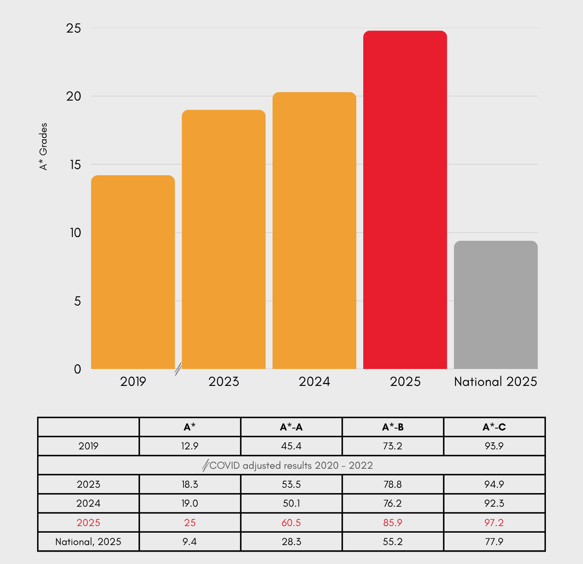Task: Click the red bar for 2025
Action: click(405, 200)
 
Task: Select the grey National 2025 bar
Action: click(496, 305)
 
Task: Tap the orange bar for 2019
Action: click(133, 272)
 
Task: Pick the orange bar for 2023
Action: click(223, 239)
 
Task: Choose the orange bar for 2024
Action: click(314, 231)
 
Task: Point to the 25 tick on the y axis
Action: click(74, 28)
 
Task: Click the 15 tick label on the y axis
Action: click(75, 165)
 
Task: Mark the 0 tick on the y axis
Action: click(78, 369)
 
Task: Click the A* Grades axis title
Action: click(43, 146)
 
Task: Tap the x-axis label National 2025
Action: click(496, 382)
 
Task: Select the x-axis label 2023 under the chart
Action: click(223, 382)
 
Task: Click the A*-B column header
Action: click(393, 427)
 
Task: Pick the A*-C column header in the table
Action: click(494, 427)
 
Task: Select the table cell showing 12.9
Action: click(190, 446)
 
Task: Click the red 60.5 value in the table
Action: click(291, 523)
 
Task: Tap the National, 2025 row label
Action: click(88, 542)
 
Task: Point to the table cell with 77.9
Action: click(494, 542)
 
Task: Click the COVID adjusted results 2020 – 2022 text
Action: click(291, 465)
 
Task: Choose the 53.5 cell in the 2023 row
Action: click(291, 484)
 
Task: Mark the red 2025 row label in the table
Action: click(88, 523)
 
